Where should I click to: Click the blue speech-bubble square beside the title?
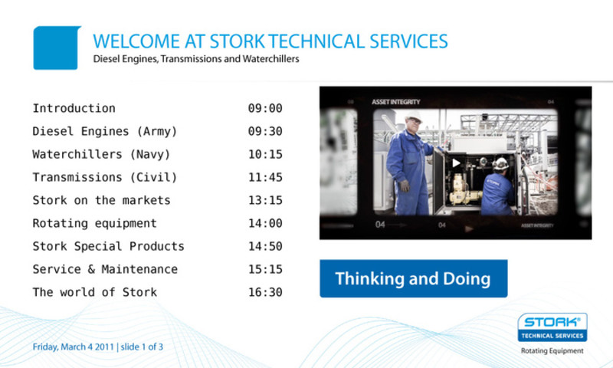click(x=57, y=48)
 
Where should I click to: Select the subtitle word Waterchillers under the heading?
click(x=271, y=59)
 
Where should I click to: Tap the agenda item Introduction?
click(x=74, y=108)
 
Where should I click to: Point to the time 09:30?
click(x=265, y=131)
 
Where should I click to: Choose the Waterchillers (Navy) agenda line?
click(x=101, y=154)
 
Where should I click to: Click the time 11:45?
click(x=265, y=178)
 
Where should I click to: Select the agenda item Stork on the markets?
click(x=101, y=200)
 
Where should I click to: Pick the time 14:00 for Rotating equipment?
click(x=265, y=223)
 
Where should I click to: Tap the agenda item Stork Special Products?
click(x=108, y=246)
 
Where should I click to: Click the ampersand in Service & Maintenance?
click(x=91, y=269)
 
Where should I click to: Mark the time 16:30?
click(x=265, y=293)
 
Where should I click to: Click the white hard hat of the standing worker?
click(x=413, y=116)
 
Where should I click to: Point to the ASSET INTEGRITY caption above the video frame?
click(x=395, y=102)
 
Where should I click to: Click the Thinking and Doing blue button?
click(x=414, y=278)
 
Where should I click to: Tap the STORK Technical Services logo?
click(x=552, y=327)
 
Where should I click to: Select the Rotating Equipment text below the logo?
click(x=552, y=351)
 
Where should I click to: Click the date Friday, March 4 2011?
click(x=73, y=347)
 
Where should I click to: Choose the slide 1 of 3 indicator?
click(x=142, y=347)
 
